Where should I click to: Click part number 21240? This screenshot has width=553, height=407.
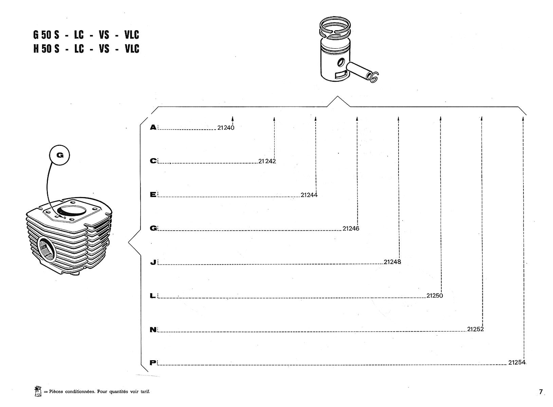[x=226, y=128]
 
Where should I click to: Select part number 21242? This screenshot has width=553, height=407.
[x=267, y=161]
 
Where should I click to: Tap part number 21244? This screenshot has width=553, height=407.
[x=309, y=195]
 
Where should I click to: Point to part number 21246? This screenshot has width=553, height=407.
[x=351, y=229]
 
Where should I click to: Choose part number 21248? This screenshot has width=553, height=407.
[x=392, y=262]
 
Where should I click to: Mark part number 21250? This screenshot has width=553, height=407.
[x=435, y=296]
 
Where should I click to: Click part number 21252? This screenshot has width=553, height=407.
[x=475, y=329]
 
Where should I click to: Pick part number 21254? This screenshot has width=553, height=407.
[x=517, y=363]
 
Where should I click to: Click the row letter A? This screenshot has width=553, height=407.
[x=153, y=128]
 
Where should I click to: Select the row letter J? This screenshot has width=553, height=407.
[x=153, y=262]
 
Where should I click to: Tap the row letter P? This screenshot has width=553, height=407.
[x=153, y=363]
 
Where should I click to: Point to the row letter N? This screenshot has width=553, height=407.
[x=153, y=330]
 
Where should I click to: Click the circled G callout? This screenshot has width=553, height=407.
[x=60, y=155]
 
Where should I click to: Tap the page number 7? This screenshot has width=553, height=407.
[x=541, y=392]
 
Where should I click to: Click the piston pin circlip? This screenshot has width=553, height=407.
[x=373, y=78]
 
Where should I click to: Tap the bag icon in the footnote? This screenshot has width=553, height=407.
[x=37, y=391]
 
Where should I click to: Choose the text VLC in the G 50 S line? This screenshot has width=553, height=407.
[x=132, y=35]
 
